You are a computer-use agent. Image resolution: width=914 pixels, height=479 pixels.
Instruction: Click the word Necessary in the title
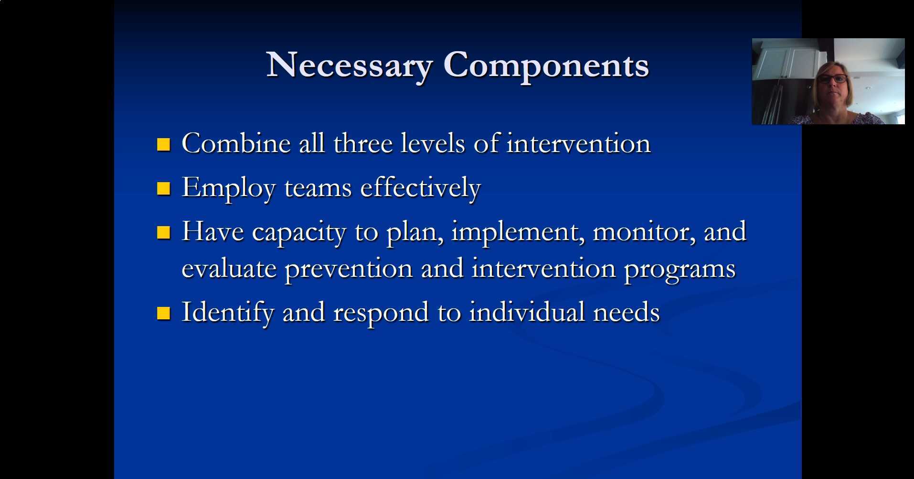(350, 66)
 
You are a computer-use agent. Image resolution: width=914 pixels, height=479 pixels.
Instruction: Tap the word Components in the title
(546, 66)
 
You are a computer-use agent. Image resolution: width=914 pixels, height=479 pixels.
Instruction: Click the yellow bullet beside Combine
(163, 144)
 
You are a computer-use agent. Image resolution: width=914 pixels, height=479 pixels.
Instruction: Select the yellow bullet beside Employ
(163, 188)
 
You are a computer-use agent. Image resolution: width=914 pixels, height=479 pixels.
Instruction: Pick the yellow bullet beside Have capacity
(163, 232)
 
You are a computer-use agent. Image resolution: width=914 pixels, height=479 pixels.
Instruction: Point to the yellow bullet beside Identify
(163, 313)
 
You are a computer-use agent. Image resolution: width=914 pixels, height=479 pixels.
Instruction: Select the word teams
(318, 188)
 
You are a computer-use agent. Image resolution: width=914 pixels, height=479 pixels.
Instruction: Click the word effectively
(420, 188)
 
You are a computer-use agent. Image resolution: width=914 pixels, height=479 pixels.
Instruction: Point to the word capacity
(299, 233)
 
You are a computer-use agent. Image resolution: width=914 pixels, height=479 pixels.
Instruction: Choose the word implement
(518, 232)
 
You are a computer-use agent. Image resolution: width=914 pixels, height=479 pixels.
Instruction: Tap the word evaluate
(229, 269)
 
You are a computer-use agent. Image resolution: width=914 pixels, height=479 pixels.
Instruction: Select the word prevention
(349, 269)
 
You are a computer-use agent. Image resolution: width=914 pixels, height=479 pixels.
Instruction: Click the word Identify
(228, 313)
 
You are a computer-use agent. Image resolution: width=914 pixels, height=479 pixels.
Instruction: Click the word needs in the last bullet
(626, 313)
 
